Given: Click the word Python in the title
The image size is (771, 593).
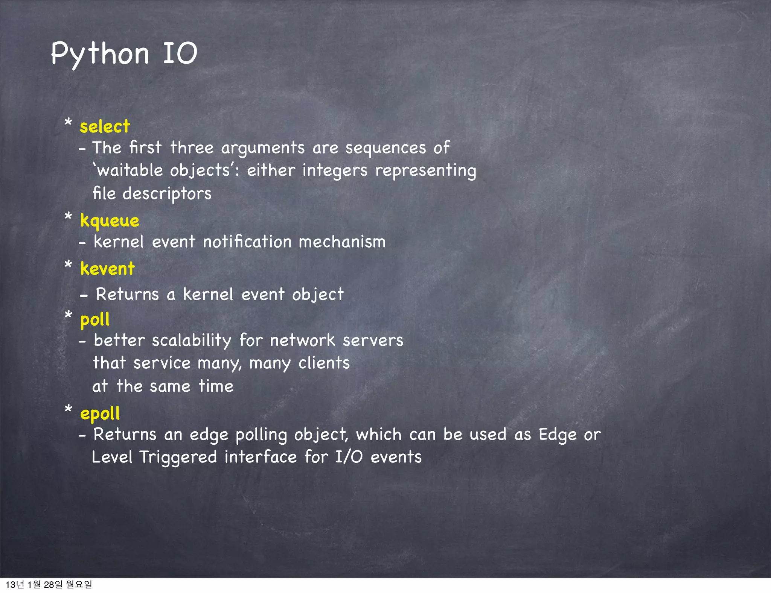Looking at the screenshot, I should point(100,54).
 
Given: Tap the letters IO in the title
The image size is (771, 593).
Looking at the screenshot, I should point(180,53).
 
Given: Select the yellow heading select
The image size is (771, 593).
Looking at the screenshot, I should point(105,126).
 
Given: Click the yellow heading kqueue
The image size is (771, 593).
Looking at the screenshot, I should point(110,221).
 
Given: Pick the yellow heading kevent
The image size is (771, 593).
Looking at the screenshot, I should point(107,269).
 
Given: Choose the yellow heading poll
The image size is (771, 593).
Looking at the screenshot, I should point(95,320).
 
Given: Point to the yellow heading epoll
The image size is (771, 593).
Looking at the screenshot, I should point(100,414).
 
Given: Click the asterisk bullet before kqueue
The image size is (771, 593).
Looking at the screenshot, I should point(68,217).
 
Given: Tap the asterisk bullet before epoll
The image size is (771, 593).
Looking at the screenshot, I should point(68,409).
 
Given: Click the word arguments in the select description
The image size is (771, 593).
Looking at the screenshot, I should point(263,148).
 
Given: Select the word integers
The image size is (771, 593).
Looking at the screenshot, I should point(335,170).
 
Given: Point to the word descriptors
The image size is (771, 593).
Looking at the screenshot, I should point(167,194).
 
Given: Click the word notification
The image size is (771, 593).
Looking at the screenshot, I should point(247,242).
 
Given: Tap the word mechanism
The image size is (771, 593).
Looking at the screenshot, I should point(342,242).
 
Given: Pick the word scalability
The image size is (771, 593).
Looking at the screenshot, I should point(192,341).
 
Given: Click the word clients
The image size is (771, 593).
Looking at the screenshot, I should point(324,363).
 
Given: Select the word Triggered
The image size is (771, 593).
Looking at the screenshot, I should point(178,458).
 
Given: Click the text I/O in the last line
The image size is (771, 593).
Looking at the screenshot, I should point(349,457).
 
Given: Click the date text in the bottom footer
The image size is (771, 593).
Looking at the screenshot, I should point(49,584).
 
